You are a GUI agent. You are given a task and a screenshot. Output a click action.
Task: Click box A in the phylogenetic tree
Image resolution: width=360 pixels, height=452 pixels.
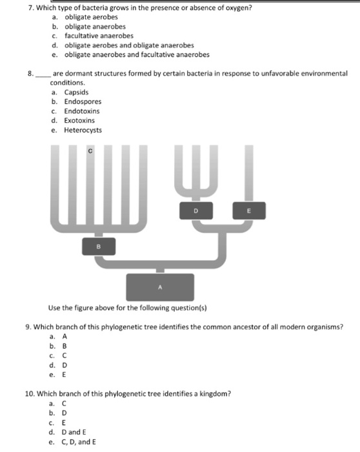(x=160, y=286)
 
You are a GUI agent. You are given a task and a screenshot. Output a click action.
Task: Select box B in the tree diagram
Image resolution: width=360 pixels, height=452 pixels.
(x=99, y=246)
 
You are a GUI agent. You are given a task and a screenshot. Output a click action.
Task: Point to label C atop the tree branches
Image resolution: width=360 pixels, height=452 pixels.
(x=90, y=151)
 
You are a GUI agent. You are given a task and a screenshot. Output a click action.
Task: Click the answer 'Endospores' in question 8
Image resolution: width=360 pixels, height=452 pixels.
(x=83, y=101)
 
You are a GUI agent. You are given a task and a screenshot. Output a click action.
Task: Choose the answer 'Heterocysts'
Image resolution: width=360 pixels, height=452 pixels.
(x=83, y=130)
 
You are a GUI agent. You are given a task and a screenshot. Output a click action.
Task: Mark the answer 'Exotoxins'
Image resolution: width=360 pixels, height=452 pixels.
(x=80, y=120)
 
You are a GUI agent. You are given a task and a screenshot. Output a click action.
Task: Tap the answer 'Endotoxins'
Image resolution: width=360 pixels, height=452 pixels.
(x=81, y=111)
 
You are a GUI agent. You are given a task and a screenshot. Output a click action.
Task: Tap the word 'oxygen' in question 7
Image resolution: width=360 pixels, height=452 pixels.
(x=236, y=7)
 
